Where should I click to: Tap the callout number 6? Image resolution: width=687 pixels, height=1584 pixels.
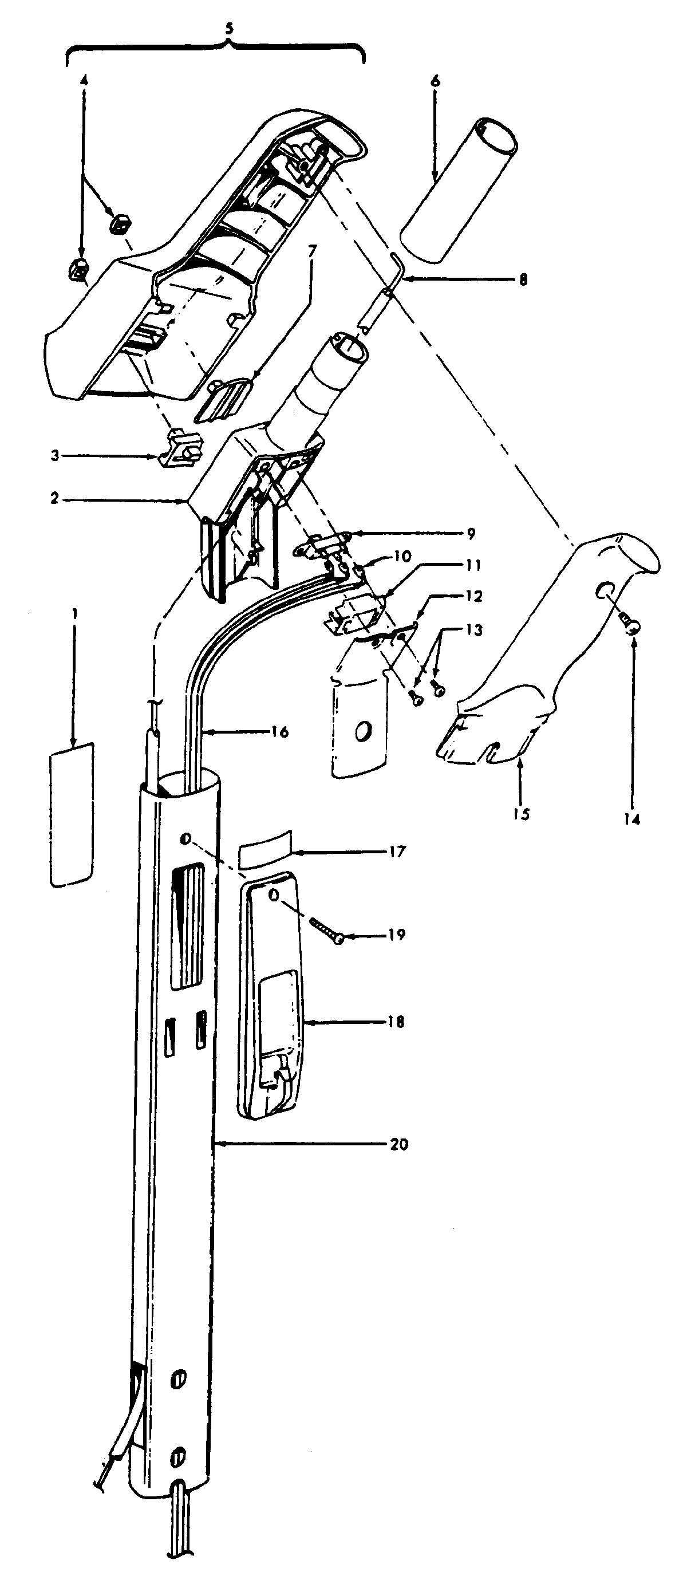pyautogui.click(x=436, y=81)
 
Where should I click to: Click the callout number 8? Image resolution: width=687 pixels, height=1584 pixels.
pyautogui.click(x=522, y=280)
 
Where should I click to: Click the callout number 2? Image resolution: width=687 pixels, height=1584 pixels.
pyautogui.click(x=56, y=498)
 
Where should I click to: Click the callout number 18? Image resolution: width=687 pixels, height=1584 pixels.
pyautogui.click(x=396, y=1022)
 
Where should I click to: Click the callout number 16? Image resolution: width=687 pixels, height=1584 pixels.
pyautogui.click(x=279, y=732)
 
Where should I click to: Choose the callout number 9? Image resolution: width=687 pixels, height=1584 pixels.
pyautogui.click(x=470, y=534)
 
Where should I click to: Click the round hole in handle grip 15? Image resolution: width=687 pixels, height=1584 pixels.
pyautogui.click(x=605, y=590)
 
